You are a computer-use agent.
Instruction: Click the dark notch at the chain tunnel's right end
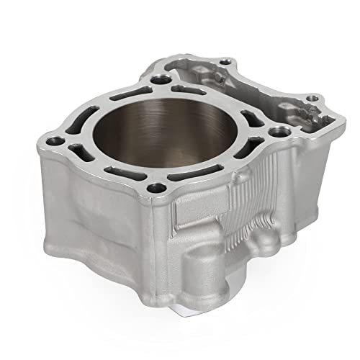[317, 122]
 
